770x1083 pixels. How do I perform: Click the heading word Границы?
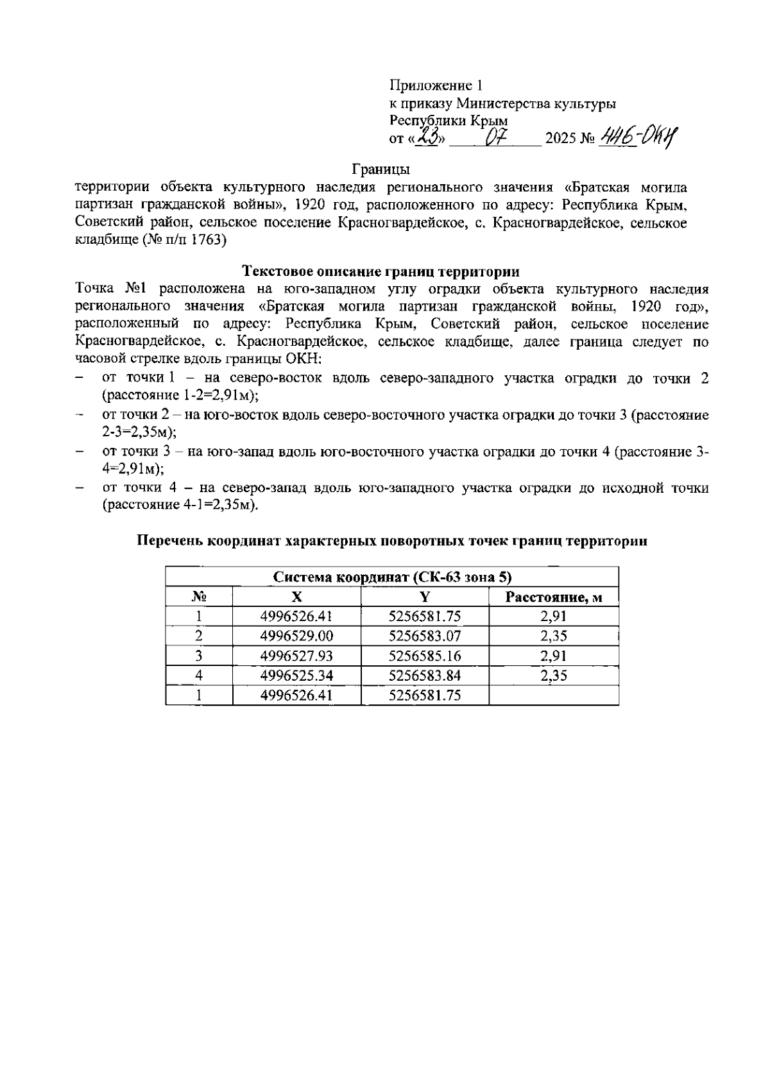pyautogui.click(x=381, y=170)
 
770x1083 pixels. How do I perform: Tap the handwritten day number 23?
pyautogui.click(x=427, y=137)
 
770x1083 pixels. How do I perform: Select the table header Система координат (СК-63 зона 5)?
pyautogui.click(x=392, y=576)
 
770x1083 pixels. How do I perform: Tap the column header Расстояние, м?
pyautogui.click(x=553, y=597)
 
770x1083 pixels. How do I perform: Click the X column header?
pyautogui.click(x=296, y=597)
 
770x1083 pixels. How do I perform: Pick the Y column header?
pyautogui.click(x=425, y=597)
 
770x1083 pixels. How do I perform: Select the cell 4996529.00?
pyautogui.click(x=296, y=636)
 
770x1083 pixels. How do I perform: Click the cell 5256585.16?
pyautogui.click(x=425, y=656)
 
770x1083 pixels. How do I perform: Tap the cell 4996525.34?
pyautogui.click(x=296, y=676)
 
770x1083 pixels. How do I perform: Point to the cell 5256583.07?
pyautogui.click(x=425, y=636)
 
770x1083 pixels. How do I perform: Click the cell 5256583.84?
pyautogui.click(x=425, y=676)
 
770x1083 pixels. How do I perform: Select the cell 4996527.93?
pyautogui.click(x=296, y=656)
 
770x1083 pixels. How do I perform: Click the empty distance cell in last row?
pyautogui.click(x=553, y=695)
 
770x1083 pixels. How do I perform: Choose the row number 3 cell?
pyautogui.click(x=199, y=656)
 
